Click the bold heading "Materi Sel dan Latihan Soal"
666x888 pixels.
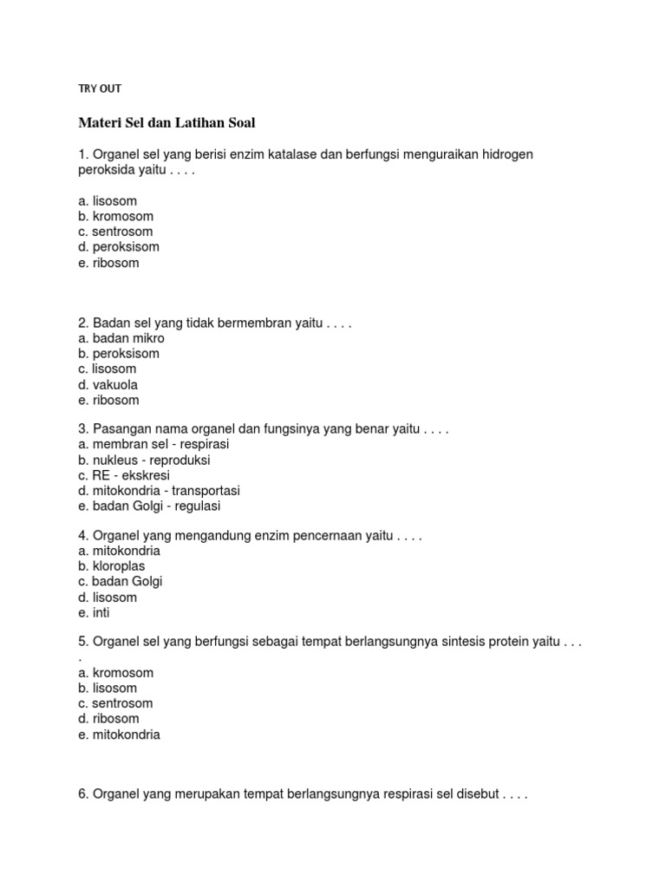coord(166,122)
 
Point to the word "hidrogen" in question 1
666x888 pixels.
coord(500,154)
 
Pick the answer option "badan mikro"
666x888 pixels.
coord(121,338)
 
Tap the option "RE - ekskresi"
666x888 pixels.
coord(123,475)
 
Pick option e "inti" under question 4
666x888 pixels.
coord(94,613)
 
